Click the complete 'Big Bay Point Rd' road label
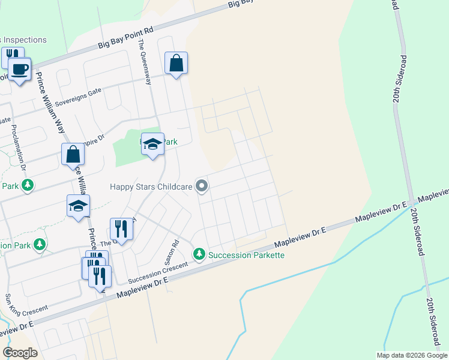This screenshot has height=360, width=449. (x=126, y=38)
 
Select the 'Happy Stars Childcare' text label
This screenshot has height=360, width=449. (x=151, y=187)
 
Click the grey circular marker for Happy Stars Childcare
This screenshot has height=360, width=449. (x=202, y=187)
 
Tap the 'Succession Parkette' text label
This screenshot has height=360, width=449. (x=246, y=255)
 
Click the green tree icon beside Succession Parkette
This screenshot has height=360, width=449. (x=199, y=254)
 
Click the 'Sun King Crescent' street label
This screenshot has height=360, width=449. (x=26, y=306)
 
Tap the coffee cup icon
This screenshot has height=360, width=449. (x=19, y=70)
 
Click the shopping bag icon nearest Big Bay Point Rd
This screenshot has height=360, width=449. (x=176, y=63)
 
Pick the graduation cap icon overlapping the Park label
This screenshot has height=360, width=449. (x=153, y=144)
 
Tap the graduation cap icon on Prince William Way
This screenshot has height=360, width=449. (x=78, y=206)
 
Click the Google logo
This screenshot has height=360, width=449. (x=20, y=353)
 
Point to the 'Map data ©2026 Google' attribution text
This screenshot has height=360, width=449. (x=412, y=355)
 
